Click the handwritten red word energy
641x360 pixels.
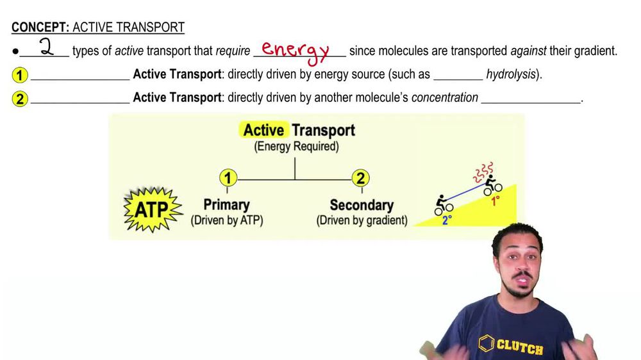(296, 50)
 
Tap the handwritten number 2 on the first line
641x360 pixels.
(46, 47)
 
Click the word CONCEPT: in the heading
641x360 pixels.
(40, 28)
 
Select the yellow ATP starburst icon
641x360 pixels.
(152, 208)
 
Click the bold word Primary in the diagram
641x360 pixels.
(226, 205)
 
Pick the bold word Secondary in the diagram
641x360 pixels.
(362, 206)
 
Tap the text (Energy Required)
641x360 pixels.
(296, 147)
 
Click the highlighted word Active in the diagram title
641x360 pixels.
(263, 130)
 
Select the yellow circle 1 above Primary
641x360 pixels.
(228, 178)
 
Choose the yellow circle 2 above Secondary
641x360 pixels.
(360, 178)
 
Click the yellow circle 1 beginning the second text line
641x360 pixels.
(20, 75)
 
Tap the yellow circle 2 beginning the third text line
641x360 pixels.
(20, 99)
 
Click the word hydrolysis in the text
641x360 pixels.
(510, 74)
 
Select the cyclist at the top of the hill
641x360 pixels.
(492, 184)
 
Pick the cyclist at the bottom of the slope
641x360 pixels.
(444, 205)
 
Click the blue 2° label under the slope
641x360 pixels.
(447, 221)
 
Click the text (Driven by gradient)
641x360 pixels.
(362, 220)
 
